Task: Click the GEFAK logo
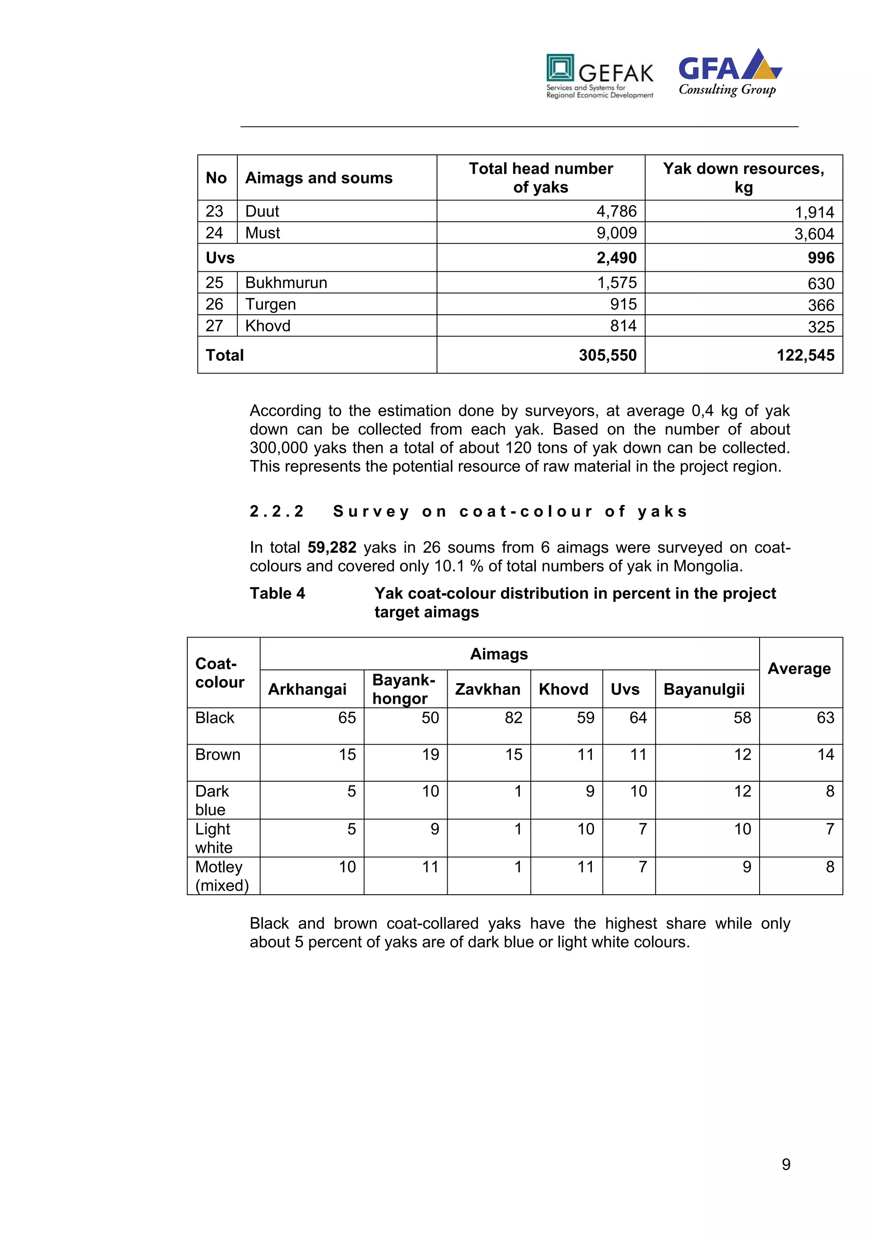coord(600,76)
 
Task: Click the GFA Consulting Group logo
coord(729,73)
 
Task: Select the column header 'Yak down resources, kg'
coord(743,177)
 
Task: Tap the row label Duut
coord(262,212)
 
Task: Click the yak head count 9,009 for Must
coord(616,233)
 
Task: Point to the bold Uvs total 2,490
coord(616,258)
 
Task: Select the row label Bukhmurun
coord(286,283)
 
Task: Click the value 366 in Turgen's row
coord(821,305)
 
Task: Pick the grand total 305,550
coord(607,355)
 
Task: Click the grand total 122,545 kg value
coord(805,355)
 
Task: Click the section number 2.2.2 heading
coord(277,511)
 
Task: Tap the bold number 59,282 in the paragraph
coord(332,548)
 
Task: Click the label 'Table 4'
coord(277,593)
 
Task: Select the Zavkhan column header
coord(488,689)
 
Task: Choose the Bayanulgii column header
coord(703,689)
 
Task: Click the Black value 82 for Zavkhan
coord(513,718)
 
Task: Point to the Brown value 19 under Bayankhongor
coord(430,755)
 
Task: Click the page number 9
coord(786,1165)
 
